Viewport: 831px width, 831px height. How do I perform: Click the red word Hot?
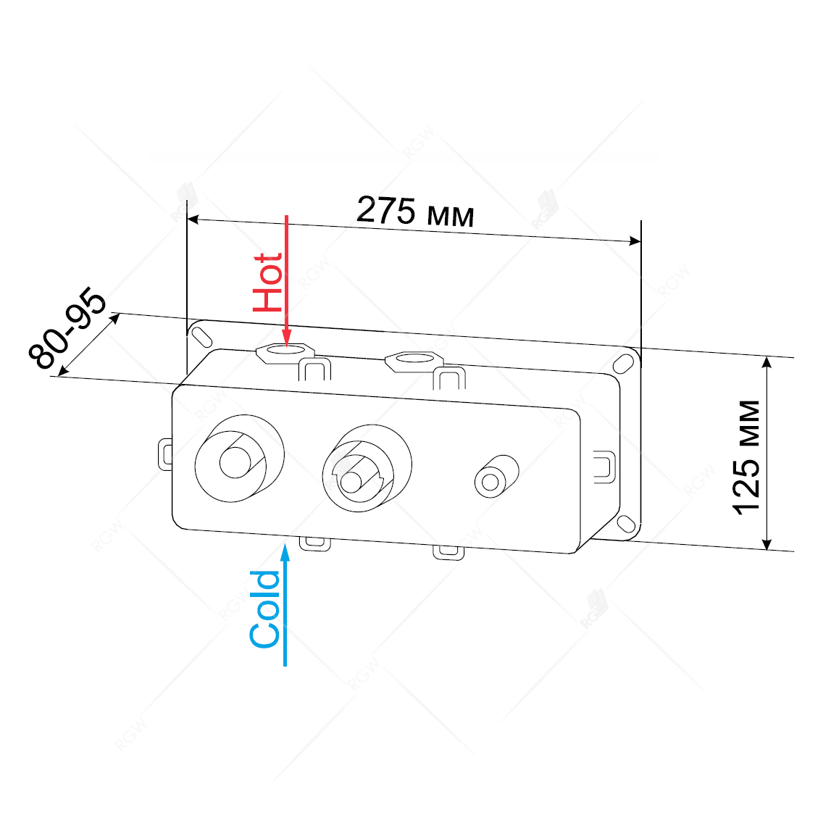click(267, 282)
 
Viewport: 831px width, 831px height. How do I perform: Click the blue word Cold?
click(264, 609)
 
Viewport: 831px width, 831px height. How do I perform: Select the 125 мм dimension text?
click(746, 457)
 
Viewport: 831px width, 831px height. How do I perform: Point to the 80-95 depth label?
click(68, 329)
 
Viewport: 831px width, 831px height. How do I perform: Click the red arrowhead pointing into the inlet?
click(286, 337)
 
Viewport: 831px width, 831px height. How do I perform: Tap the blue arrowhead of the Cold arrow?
click(285, 552)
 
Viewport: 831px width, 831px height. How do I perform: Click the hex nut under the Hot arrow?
click(285, 353)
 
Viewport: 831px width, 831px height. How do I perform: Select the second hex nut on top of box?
click(414, 362)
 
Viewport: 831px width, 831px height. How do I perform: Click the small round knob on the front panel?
click(496, 477)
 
